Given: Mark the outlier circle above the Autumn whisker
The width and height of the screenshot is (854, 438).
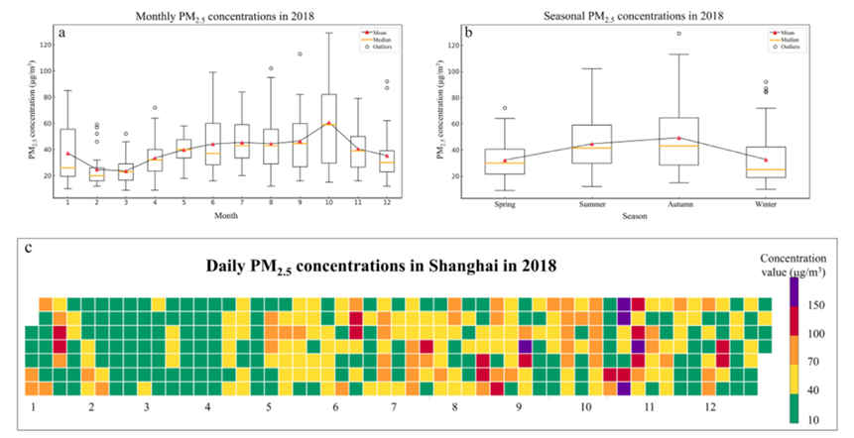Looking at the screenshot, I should click(678, 34).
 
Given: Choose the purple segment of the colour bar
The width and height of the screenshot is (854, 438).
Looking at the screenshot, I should click(793, 290).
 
